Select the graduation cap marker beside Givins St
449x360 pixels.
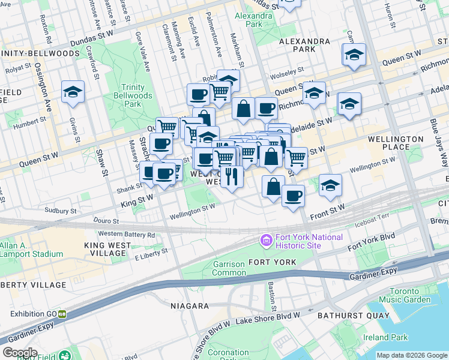[x=73, y=92]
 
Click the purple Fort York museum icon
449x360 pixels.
[x=266, y=241]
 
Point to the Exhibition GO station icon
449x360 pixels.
[x=62, y=314]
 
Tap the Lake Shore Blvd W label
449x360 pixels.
[x=276, y=316]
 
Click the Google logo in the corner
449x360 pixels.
[x=20, y=352]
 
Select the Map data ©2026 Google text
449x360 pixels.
[x=412, y=355]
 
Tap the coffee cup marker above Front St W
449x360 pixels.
[x=292, y=196]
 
